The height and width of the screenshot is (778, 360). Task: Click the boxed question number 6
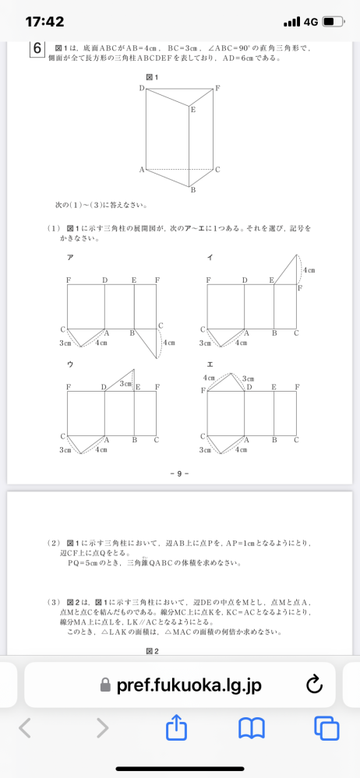point(37,49)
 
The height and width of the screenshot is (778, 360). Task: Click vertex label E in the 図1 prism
point(192,110)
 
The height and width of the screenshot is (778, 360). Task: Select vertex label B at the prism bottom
point(192,190)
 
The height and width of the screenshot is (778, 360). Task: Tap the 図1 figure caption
point(152,76)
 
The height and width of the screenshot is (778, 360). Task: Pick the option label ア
point(70,257)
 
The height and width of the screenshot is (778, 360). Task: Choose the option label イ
point(210,257)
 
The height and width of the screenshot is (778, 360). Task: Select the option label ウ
point(70,363)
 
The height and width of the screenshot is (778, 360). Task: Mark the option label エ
point(210,363)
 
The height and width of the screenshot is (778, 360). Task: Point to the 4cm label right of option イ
point(309,269)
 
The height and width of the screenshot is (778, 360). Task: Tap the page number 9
point(179,472)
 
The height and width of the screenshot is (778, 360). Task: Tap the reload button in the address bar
point(315,685)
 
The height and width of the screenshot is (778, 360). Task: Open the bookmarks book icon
point(251,728)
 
